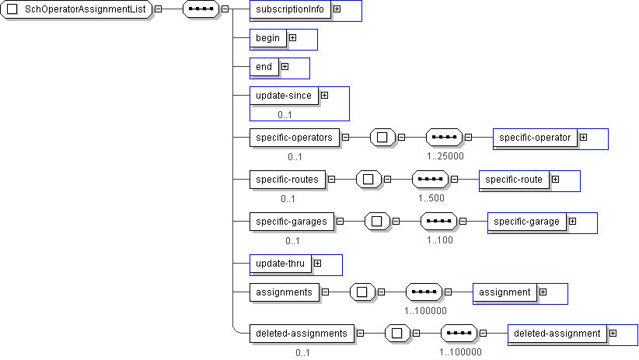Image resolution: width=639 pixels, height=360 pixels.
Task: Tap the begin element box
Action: [267, 37]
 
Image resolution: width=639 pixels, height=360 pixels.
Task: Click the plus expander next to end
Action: [285, 67]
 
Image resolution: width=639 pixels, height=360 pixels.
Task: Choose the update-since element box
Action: [284, 96]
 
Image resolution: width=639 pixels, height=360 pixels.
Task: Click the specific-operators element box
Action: [295, 138]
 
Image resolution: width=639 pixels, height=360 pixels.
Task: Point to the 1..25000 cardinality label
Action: [445, 156]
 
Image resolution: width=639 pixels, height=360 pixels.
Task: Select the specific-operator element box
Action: [535, 138]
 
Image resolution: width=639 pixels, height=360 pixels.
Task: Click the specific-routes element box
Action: [287, 180]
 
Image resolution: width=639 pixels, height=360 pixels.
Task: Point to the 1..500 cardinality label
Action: [431, 198]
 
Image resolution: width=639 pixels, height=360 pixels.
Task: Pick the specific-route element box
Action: [514, 180]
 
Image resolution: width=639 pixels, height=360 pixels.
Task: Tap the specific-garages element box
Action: [292, 222]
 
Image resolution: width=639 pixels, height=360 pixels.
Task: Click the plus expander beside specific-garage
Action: [572, 222]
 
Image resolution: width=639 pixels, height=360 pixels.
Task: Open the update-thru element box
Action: [280, 264]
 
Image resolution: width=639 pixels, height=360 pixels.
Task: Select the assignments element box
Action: [284, 292]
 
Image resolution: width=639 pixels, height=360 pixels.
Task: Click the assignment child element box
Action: [505, 292]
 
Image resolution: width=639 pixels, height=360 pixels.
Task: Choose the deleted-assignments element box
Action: [301, 334]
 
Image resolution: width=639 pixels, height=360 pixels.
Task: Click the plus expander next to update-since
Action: [324, 96]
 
